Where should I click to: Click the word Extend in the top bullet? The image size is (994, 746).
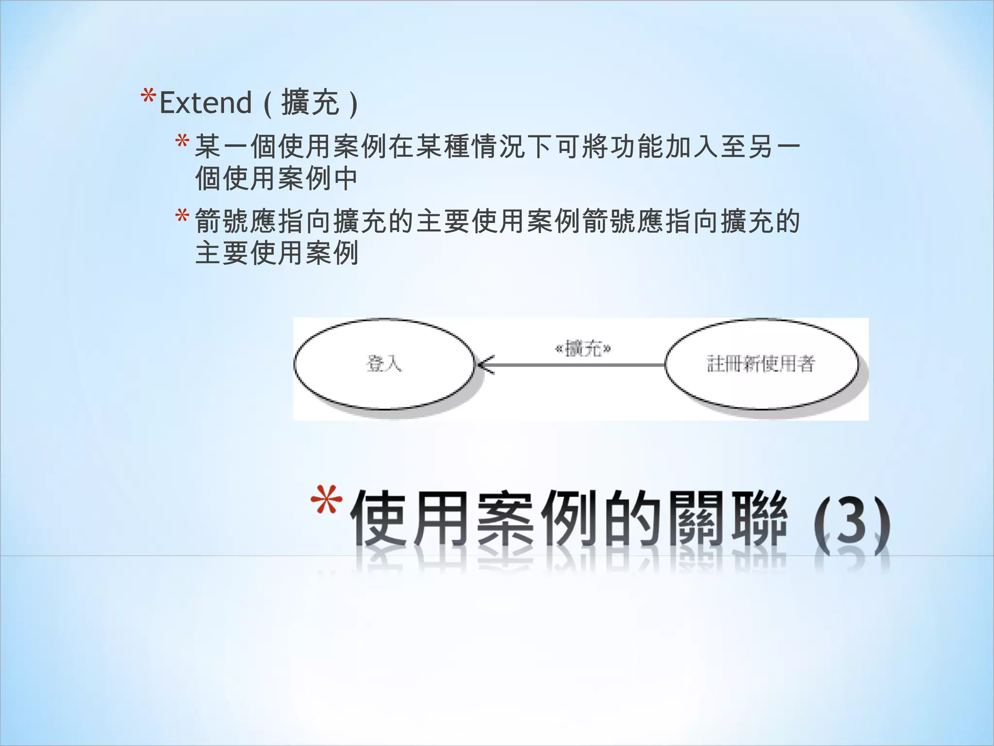point(205,103)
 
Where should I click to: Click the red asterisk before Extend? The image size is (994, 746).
point(148,97)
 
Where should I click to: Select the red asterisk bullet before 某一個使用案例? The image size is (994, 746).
point(182,142)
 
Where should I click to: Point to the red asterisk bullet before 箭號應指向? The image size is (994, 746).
point(182,216)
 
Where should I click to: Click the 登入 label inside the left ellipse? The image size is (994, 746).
point(384,363)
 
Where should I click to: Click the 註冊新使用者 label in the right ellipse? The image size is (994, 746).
point(761,364)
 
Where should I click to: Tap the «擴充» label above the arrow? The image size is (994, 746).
point(583,348)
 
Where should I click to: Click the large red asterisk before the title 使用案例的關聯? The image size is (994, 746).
point(326,501)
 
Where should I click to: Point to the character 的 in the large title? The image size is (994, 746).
point(631,519)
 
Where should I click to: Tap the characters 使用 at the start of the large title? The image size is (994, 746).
point(410,519)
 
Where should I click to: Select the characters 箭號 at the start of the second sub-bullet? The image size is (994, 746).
point(222,221)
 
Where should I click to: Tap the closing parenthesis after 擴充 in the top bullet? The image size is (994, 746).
point(353,103)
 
